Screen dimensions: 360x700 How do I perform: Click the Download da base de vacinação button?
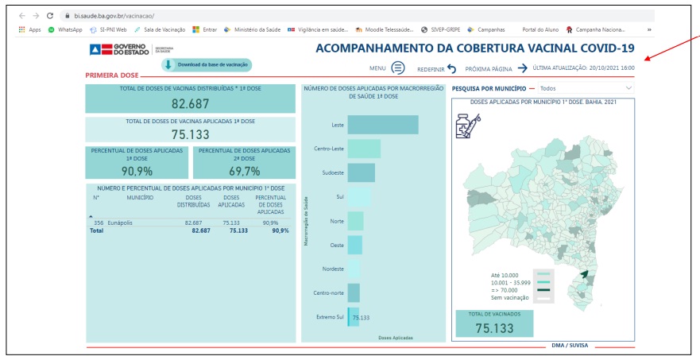[x=207, y=64]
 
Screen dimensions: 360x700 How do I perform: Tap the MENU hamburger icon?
[x=398, y=68]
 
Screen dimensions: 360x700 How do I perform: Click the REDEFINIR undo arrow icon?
[x=452, y=69]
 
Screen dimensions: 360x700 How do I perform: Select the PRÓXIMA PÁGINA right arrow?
[x=522, y=68]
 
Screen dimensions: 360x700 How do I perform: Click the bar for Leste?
[x=383, y=125]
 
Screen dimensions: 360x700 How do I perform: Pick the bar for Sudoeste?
[x=362, y=172]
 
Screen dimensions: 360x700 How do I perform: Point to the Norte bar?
[x=355, y=221]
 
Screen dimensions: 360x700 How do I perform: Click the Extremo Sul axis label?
[x=330, y=317]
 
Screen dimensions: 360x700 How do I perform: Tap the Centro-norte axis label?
[x=329, y=292]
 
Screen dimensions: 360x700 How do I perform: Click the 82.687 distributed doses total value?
[x=189, y=103]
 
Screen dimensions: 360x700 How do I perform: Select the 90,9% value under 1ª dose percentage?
[x=137, y=171]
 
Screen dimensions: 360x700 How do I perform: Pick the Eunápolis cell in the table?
[x=120, y=223]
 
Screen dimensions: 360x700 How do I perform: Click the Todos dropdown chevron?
[x=629, y=87]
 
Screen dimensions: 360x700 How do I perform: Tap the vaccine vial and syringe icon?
[x=466, y=126]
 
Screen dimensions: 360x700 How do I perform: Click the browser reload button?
[x=50, y=15]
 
